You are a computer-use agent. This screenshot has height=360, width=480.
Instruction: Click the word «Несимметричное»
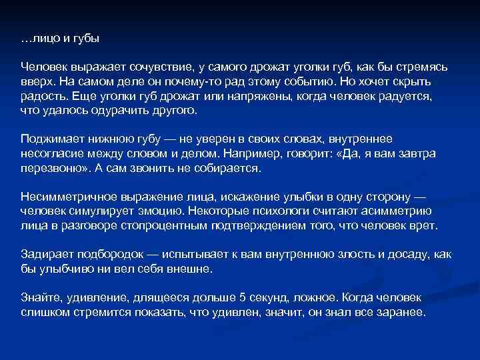(x=61, y=199)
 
